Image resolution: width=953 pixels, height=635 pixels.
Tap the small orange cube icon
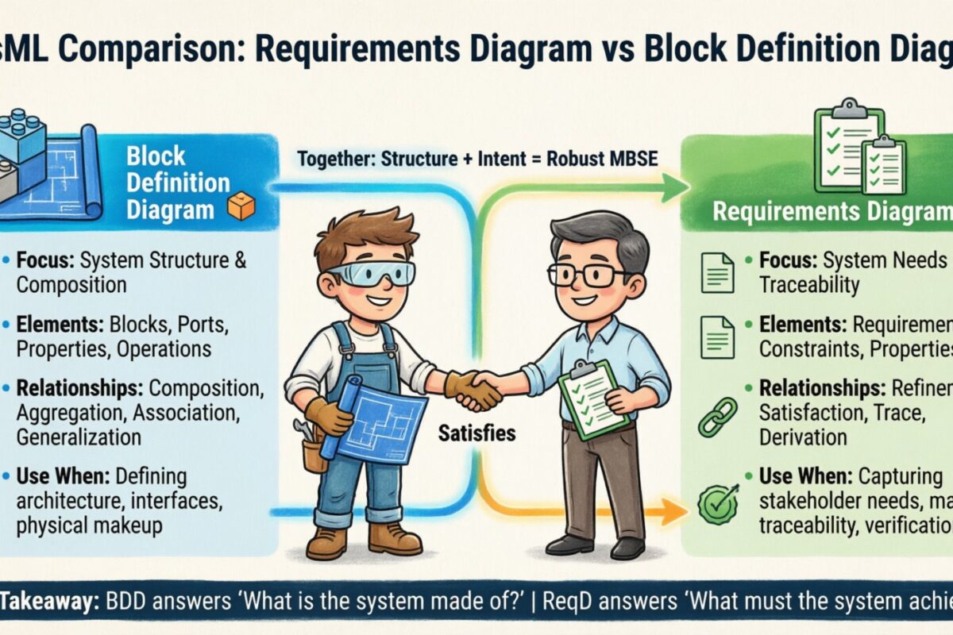[241, 206]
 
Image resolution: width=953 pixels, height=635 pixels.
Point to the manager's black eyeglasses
[588, 275]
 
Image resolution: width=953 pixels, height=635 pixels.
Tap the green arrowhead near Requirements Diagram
[675, 188]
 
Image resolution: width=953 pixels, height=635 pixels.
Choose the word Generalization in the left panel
[79, 437]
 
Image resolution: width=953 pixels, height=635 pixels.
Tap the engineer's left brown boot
[327, 542]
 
